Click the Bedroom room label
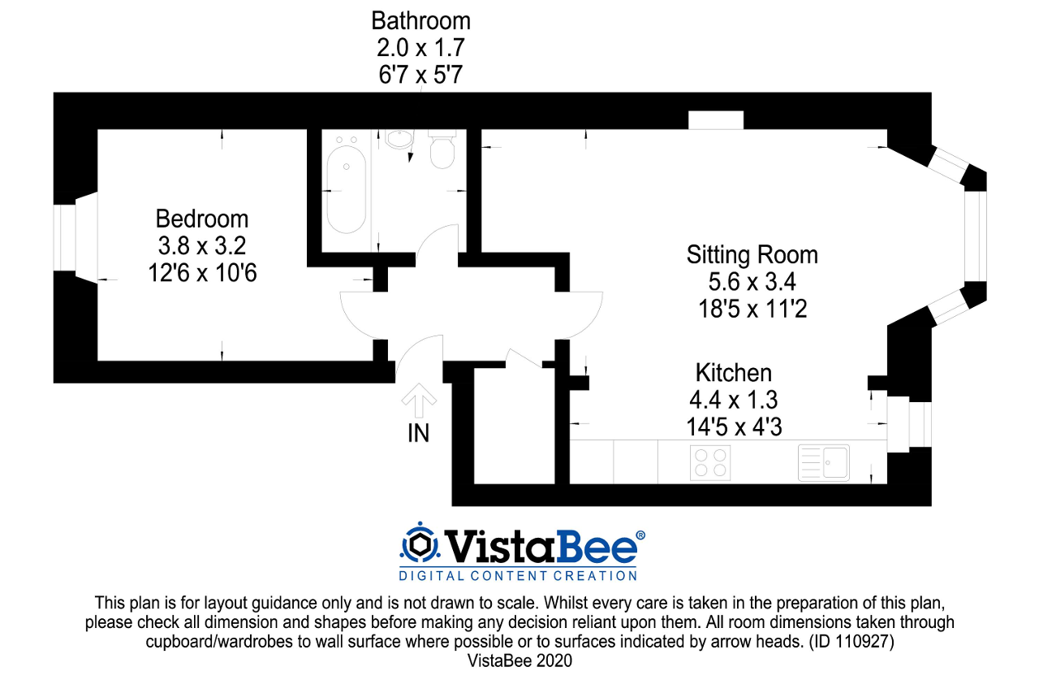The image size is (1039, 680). tap(202, 219)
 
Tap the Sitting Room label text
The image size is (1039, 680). tap(752, 255)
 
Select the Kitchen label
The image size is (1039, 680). tap(733, 373)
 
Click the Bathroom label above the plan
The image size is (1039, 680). tap(420, 21)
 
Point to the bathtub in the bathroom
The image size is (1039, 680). tap(346, 189)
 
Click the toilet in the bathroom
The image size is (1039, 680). tap(442, 149)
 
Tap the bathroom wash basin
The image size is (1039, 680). tap(399, 139)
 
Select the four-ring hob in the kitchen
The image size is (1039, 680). tap(710, 463)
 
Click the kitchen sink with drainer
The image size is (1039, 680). tap(824, 463)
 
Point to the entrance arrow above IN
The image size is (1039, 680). tap(419, 400)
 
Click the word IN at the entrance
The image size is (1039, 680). tap(418, 434)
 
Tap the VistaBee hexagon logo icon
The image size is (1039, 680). tap(420, 545)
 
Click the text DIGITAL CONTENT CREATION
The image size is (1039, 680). tap(518, 576)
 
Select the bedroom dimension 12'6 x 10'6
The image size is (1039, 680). tap(202, 273)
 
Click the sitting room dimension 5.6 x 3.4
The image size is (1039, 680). tap(752, 281)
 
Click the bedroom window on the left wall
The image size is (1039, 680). tap(64, 238)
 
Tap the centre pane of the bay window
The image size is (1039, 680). tap(976, 236)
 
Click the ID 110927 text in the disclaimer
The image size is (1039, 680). tap(851, 642)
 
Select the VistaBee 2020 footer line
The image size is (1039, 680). tap(519, 661)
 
